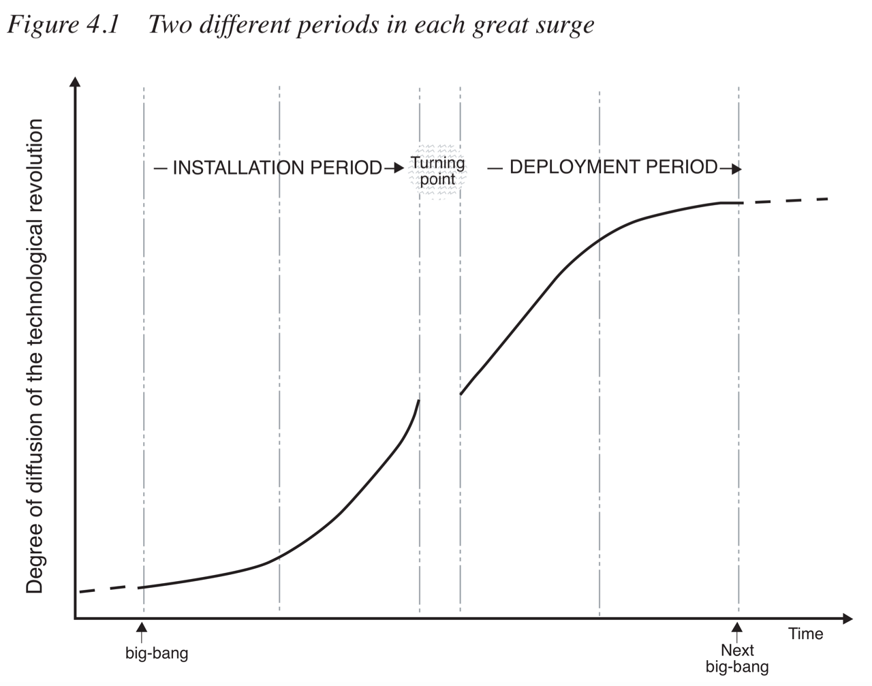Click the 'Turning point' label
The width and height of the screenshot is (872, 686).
[437, 171]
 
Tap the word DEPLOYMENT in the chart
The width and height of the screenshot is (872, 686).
[577, 167]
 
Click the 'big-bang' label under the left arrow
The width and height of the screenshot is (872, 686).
[157, 653]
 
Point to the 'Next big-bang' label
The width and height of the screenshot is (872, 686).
[737, 659]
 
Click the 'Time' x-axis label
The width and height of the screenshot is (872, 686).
[806, 634]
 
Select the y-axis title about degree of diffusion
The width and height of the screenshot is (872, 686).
[35, 356]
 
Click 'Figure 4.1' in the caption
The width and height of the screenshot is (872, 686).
[63, 25]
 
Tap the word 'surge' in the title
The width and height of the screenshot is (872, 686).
[565, 25]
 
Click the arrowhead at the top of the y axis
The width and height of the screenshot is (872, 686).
[75, 82]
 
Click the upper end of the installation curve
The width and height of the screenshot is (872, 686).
[418, 401]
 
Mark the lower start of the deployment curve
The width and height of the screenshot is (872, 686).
[461, 394]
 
